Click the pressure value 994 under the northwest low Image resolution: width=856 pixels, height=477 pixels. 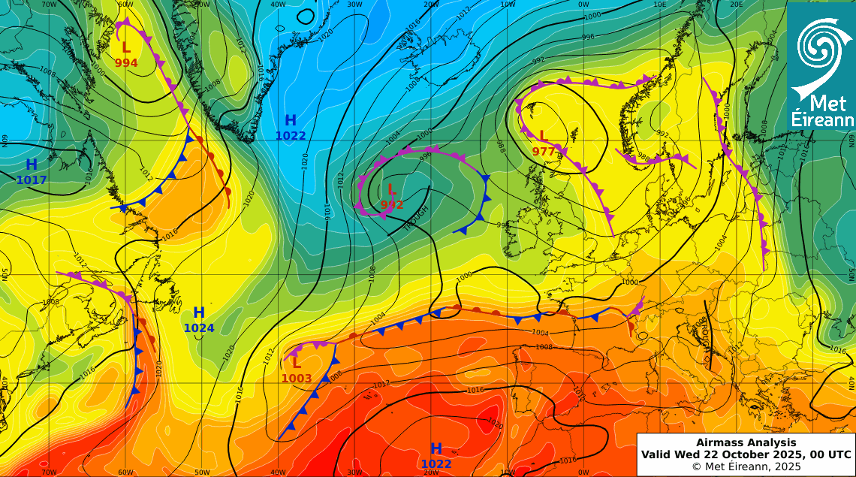(x=126, y=63)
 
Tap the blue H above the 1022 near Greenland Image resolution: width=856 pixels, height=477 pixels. (x=291, y=120)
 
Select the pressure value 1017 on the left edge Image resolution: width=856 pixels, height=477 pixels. (x=32, y=180)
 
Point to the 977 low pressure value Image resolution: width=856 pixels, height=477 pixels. (x=544, y=151)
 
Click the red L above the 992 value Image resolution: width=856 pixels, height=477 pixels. (x=391, y=189)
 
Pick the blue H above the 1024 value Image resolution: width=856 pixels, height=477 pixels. (x=199, y=312)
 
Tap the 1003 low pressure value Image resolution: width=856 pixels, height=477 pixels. (x=297, y=378)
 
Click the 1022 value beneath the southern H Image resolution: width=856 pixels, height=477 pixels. (x=436, y=464)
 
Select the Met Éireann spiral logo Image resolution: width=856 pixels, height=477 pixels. (x=820, y=53)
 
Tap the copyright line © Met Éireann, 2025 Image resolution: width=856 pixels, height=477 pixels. (x=746, y=466)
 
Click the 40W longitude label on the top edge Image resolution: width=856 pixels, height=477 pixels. (x=279, y=5)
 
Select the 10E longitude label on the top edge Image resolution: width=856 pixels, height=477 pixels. (x=660, y=5)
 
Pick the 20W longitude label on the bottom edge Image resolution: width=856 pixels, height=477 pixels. (x=432, y=472)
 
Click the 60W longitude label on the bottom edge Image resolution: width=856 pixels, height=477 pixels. (x=126, y=472)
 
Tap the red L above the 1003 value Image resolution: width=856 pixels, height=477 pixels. (x=297, y=363)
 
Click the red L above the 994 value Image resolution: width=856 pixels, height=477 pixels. (x=126, y=47)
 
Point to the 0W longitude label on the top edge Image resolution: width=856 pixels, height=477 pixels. (x=583, y=5)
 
